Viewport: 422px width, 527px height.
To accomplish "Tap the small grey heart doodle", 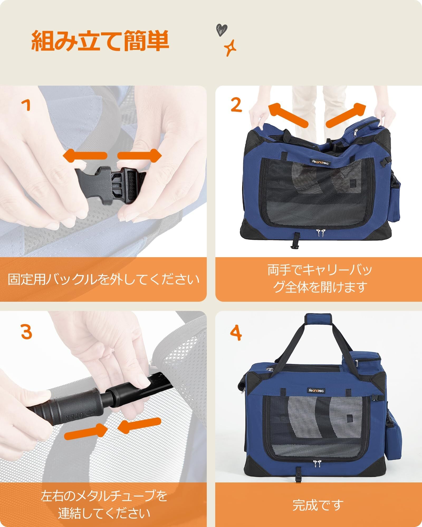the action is click(x=221, y=29).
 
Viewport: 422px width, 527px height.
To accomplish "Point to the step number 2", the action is click(x=236, y=104).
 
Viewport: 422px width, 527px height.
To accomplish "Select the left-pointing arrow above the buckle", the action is click(x=85, y=155).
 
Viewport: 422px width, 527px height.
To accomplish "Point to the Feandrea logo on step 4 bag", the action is click(x=317, y=391).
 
